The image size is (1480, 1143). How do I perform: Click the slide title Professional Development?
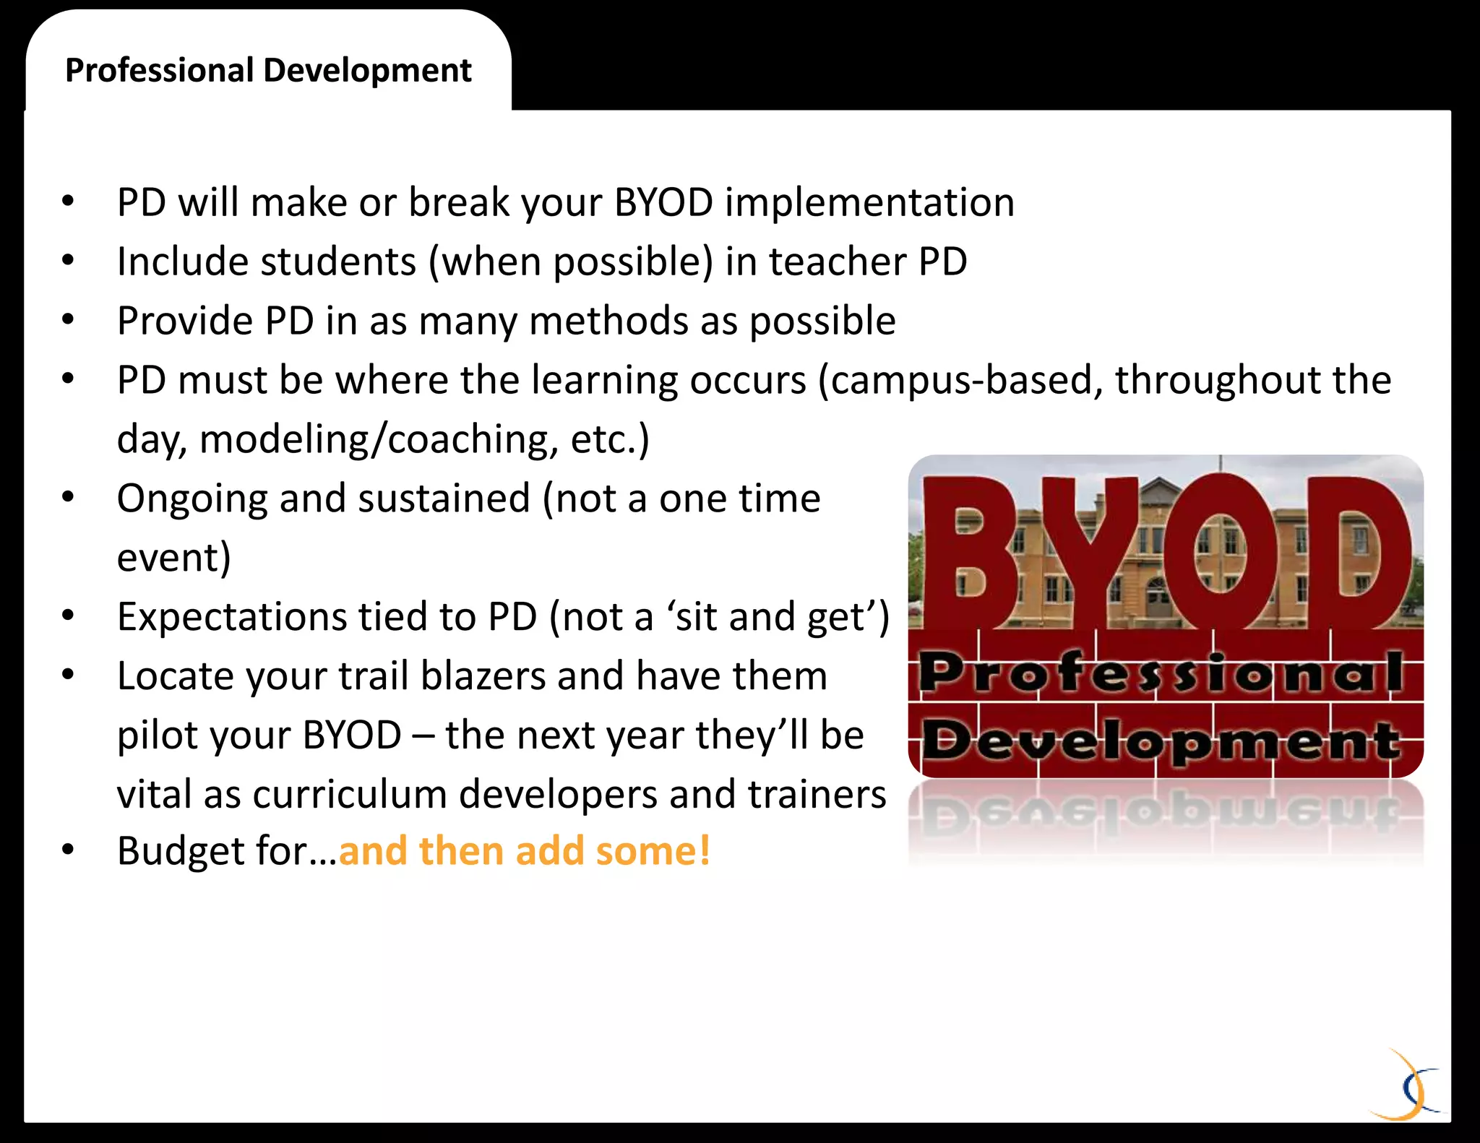268,71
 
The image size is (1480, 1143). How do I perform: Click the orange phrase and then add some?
525,851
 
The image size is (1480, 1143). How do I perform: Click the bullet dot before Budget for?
68,850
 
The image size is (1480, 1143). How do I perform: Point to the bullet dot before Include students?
68,260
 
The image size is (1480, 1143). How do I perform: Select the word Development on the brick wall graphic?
1161,741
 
